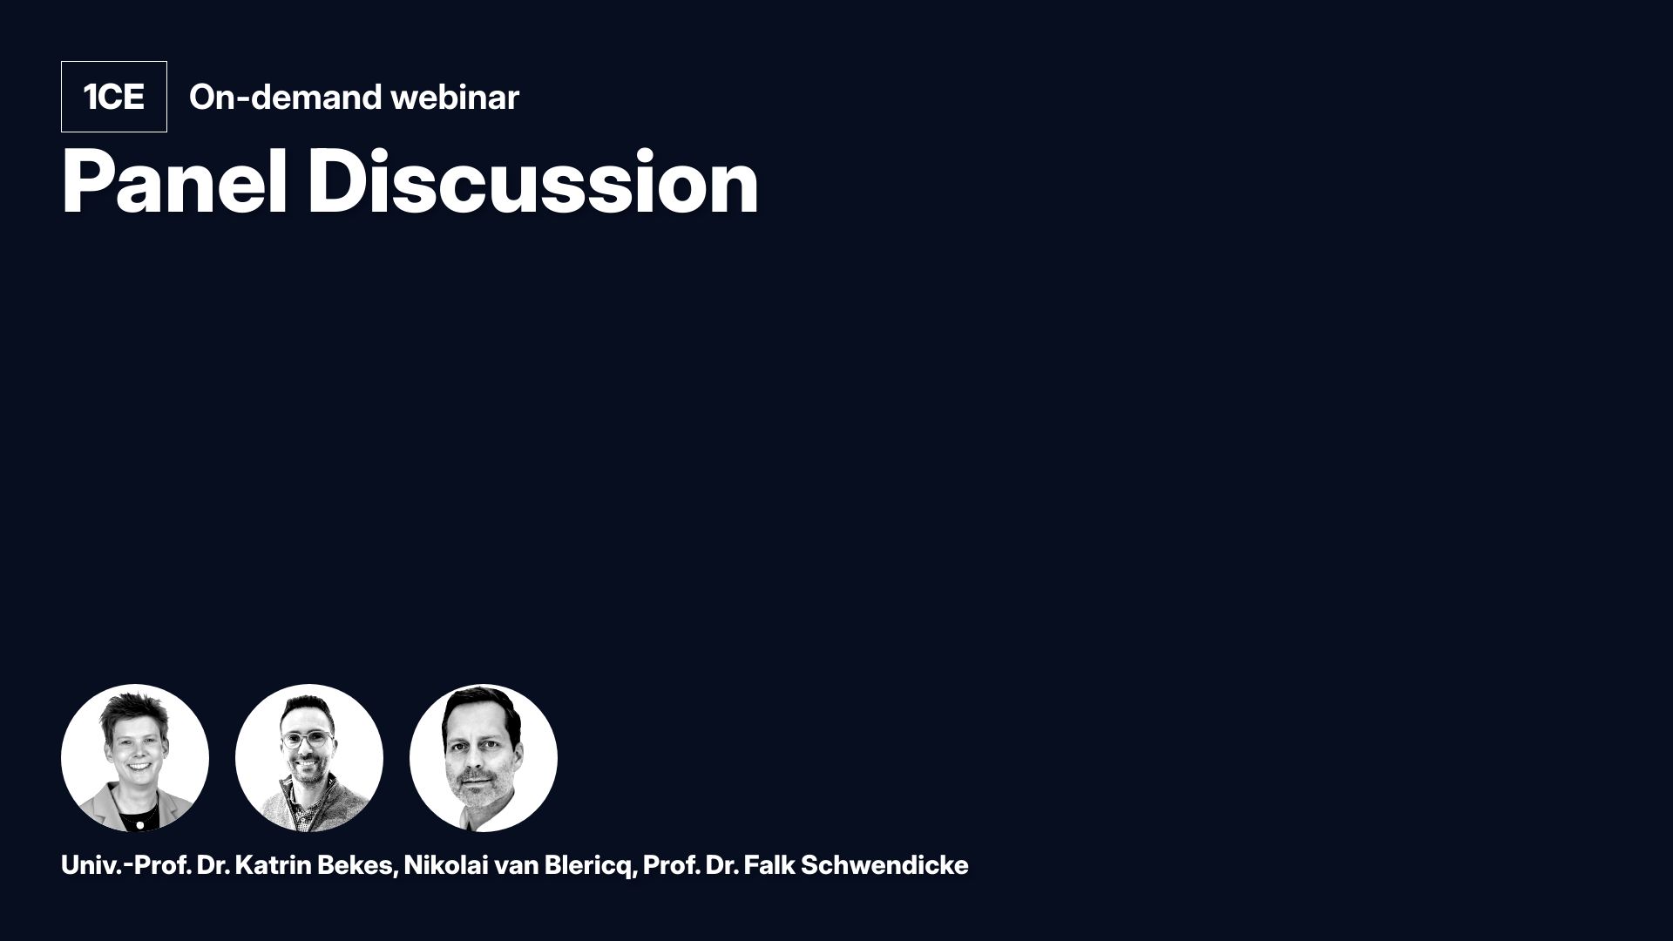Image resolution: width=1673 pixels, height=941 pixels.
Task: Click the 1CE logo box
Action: tap(113, 97)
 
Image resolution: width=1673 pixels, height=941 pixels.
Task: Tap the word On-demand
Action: tap(285, 97)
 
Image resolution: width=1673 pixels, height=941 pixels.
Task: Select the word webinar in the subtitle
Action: tap(455, 97)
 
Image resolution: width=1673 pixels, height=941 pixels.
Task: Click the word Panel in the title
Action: tap(174, 182)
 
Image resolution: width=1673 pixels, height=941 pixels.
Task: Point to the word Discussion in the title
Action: tap(533, 182)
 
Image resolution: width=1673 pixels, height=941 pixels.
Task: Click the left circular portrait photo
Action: tap(135, 758)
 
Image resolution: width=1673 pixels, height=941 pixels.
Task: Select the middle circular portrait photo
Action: tap(309, 758)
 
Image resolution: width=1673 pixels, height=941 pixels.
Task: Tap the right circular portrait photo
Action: tap(484, 758)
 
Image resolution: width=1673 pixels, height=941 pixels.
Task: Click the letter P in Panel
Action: tap(85, 182)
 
